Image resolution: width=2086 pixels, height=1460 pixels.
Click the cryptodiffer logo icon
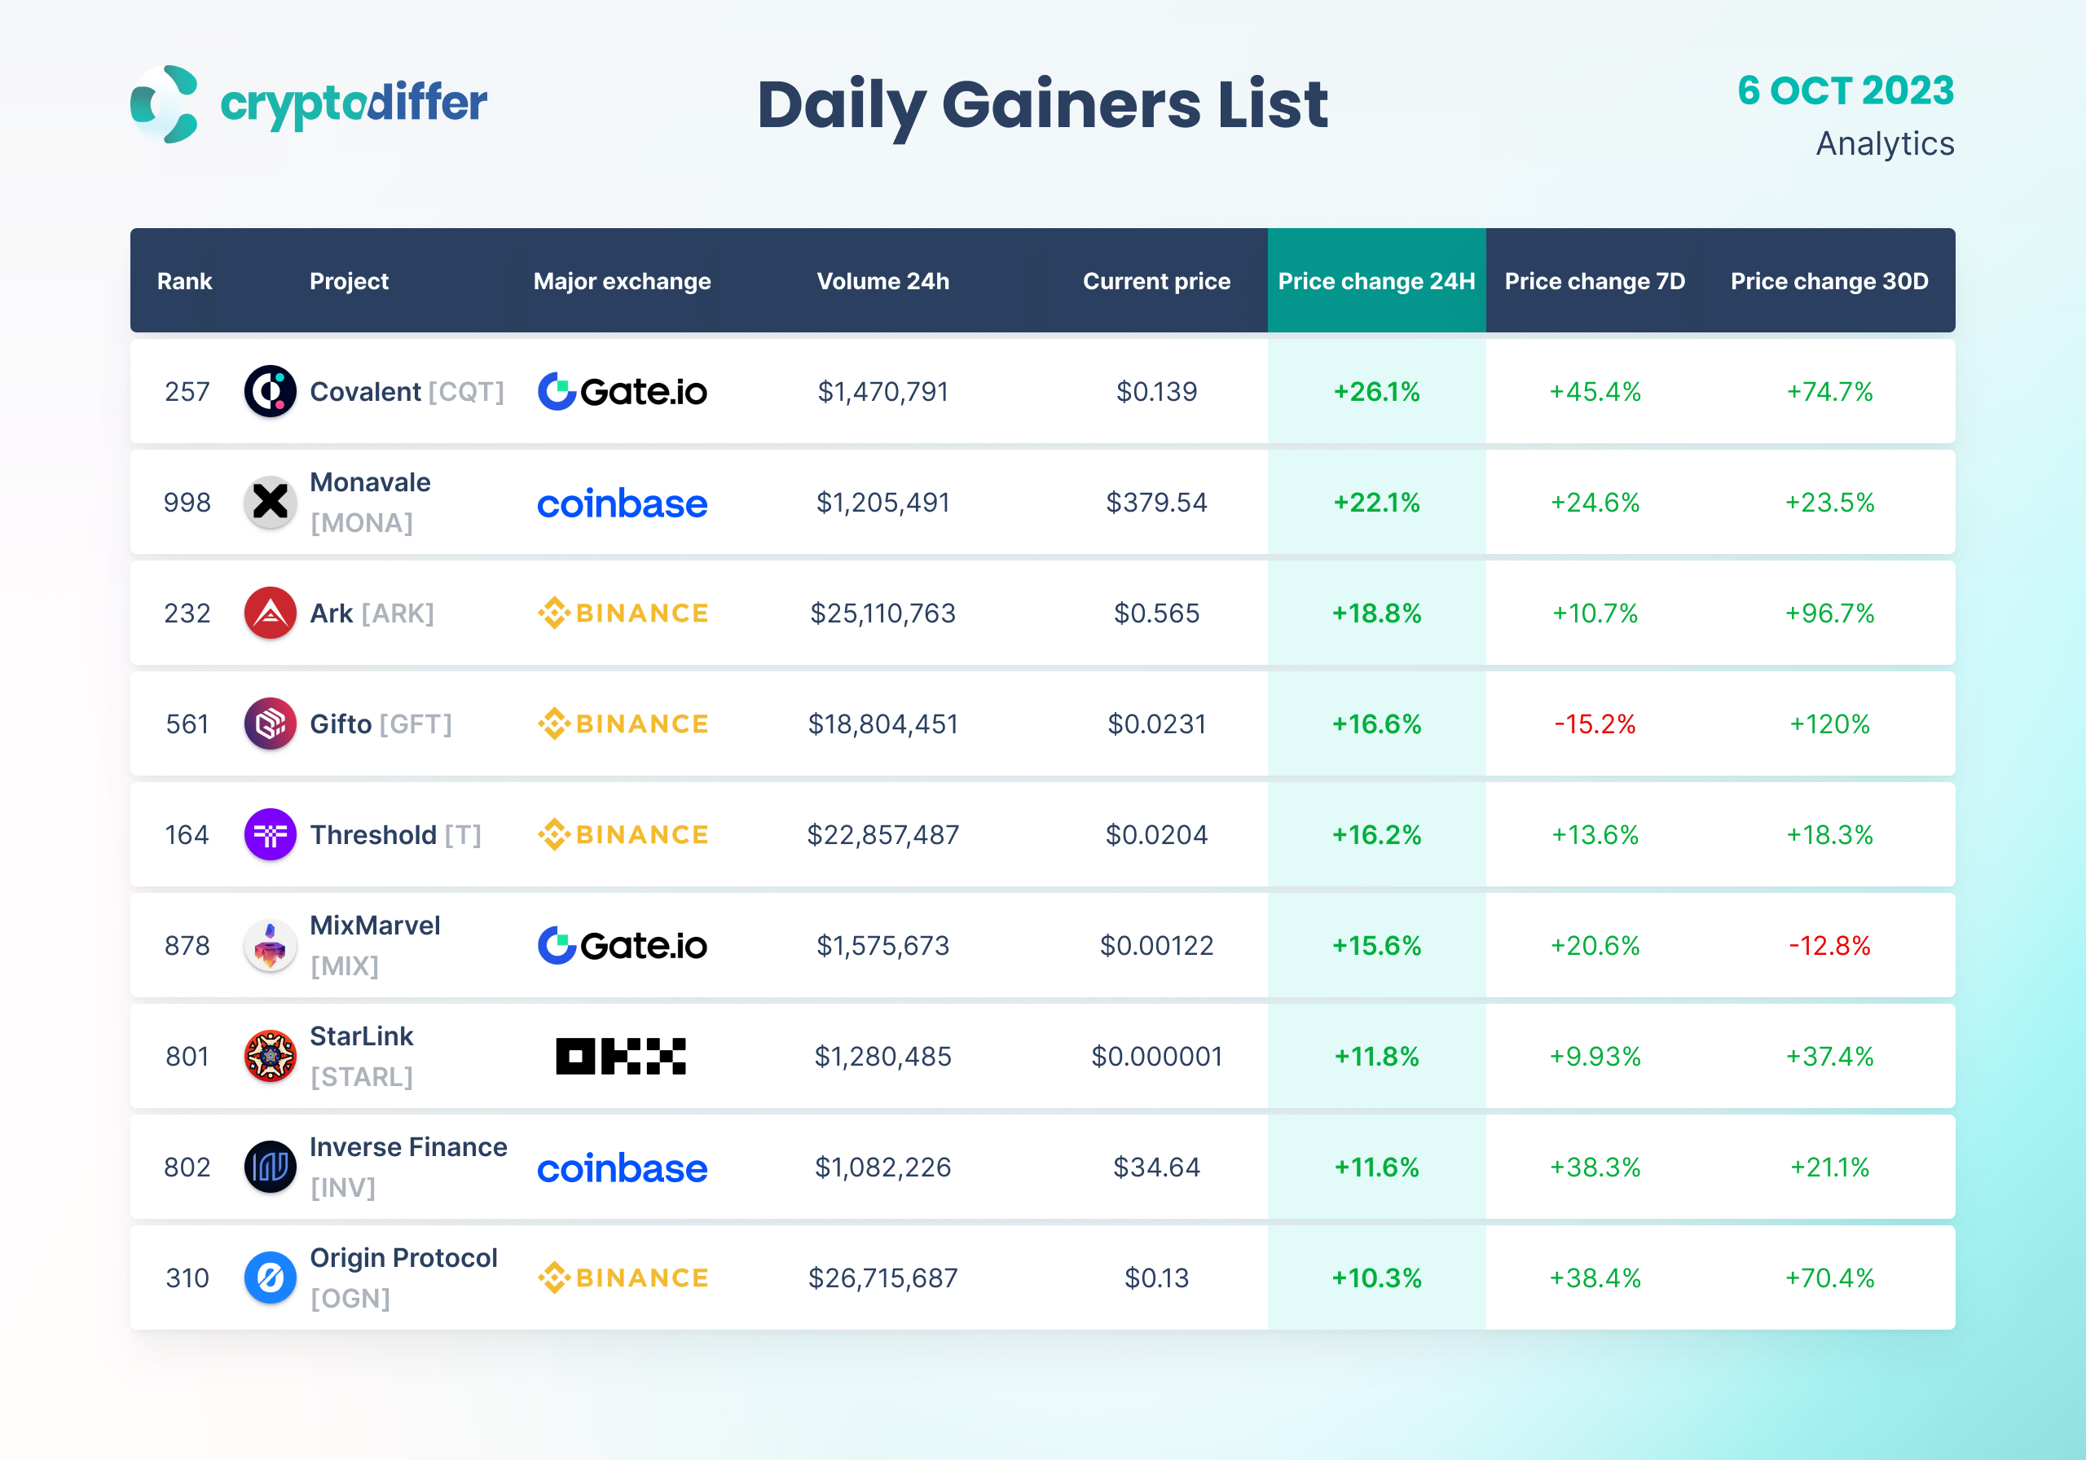coord(165,103)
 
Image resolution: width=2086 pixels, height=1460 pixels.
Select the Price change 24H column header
coord(1375,282)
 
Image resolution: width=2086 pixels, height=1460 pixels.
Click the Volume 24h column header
coord(882,282)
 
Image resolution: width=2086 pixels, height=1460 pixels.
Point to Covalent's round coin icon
coord(270,392)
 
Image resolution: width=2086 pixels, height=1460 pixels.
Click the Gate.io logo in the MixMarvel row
coord(623,946)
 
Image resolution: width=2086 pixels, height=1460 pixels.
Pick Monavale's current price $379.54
coord(1155,503)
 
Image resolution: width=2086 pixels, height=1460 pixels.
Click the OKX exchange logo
coord(621,1057)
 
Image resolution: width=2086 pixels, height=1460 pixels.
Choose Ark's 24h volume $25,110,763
coord(882,613)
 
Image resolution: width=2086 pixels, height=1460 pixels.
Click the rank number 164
coord(187,835)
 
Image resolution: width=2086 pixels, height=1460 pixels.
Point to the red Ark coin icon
coord(270,613)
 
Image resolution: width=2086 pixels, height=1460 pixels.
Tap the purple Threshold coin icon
coord(270,835)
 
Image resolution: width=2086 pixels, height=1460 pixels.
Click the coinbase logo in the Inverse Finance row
coord(623,1168)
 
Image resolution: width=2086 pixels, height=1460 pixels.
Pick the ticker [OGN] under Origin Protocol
coord(350,1299)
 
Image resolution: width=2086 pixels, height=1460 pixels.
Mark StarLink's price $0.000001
coord(1155,1057)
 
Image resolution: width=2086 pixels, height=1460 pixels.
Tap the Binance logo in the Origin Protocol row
coord(623,1278)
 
